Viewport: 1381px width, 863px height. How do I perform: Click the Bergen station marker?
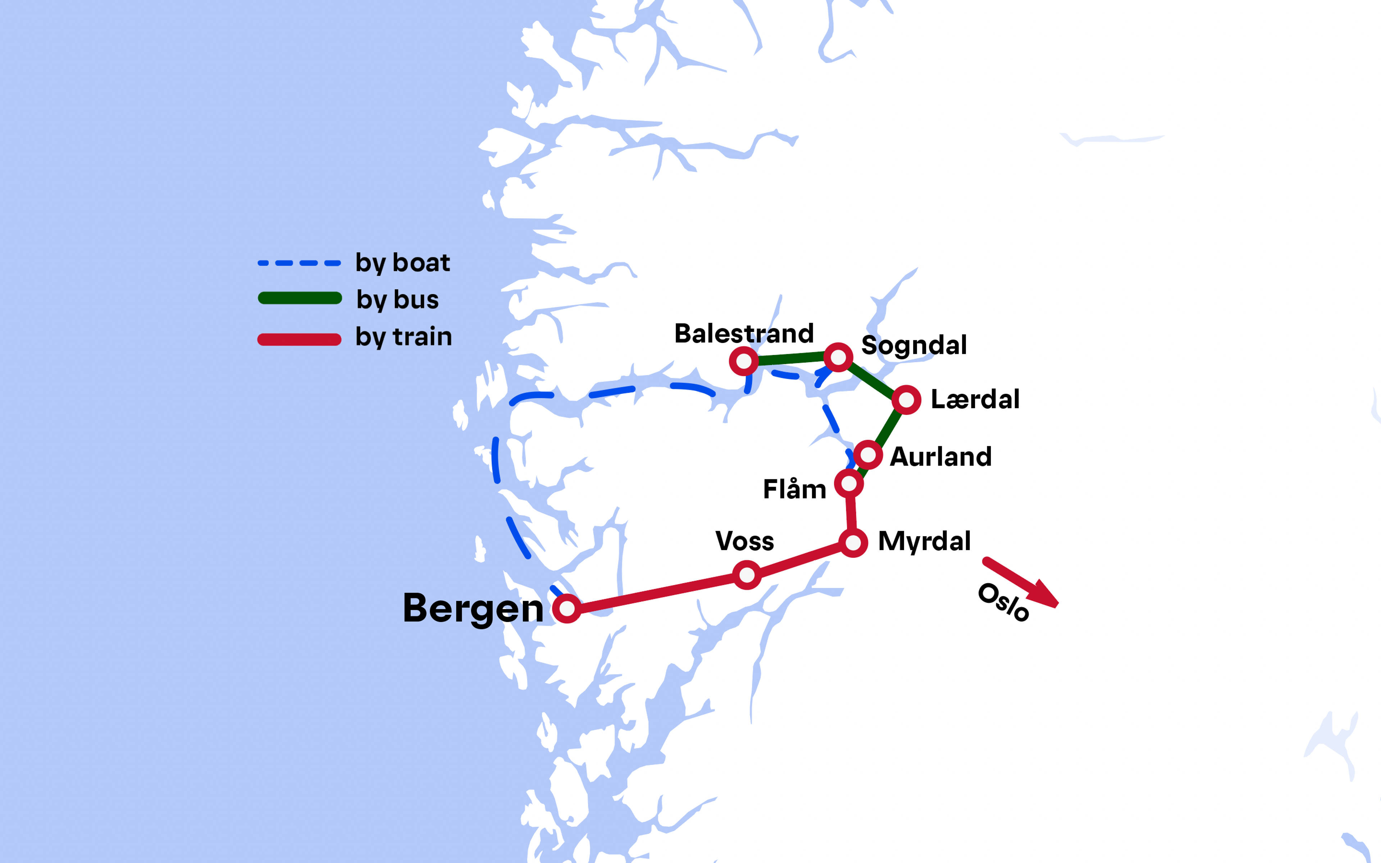pyautogui.click(x=567, y=608)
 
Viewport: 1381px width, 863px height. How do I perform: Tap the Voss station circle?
pyautogui.click(x=747, y=574)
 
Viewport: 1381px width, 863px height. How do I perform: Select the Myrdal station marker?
pyautogui.click(x=853, y=542)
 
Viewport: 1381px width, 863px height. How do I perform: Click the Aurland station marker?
pyautogui.click(x=868, y=455)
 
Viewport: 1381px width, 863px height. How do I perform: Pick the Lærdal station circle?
pyautogui.click(x=906, y=399)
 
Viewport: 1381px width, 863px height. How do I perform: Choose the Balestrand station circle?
pyautogui.click(x=744, y=361)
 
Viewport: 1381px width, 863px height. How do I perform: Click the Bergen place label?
pyautogui.click(x=473, y=608)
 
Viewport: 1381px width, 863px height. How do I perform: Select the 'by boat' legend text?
pyautogui.click(x=402, y=262)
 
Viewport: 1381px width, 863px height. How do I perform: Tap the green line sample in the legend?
pyautogui.click(x=300, y=298)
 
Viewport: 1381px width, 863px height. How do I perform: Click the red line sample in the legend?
pyautogui.click(x=300, y=339)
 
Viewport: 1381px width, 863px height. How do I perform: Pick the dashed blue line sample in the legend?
pyautogui.click(x=300, y=263)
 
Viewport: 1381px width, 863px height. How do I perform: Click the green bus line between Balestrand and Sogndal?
pyautogui.click(x=791, y=359)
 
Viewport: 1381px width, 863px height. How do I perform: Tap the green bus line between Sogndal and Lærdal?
pyautogui.click(x=871, y=378)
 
